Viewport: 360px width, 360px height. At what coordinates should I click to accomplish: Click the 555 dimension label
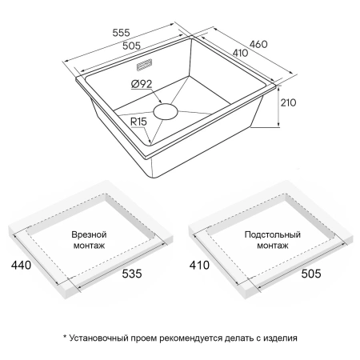point(121,33)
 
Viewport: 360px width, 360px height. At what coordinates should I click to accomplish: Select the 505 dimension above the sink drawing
point(131,46)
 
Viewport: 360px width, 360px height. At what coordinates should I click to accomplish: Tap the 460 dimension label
point(258,44)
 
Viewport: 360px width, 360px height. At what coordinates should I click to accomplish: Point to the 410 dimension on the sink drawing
point(240,53)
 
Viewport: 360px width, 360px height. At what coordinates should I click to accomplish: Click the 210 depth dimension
point(288,102)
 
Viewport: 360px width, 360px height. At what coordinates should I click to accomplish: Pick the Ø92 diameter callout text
point(142,84)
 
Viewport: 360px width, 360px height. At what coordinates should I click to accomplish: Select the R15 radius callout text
point(138,122)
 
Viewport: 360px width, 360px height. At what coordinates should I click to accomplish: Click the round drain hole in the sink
point(166,112)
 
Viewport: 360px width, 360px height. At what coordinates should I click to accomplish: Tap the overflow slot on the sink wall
point(144,65)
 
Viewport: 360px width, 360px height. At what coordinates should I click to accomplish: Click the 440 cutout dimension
point(21,265)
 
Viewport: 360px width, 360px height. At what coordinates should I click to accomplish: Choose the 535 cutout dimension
point(132,274)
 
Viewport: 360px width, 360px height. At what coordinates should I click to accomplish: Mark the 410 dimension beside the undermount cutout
point(199,265)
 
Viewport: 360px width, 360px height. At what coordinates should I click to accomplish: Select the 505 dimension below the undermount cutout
point(311,274)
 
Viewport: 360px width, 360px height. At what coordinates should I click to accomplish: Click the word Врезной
point(89,234)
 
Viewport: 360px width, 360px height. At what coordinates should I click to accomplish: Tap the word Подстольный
point(273,234)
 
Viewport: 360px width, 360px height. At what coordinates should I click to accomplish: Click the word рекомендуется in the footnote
point(190,338)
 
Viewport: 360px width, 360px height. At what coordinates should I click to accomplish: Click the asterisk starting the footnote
point(65,336)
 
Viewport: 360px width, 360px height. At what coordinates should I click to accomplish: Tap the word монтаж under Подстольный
point(273,246)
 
